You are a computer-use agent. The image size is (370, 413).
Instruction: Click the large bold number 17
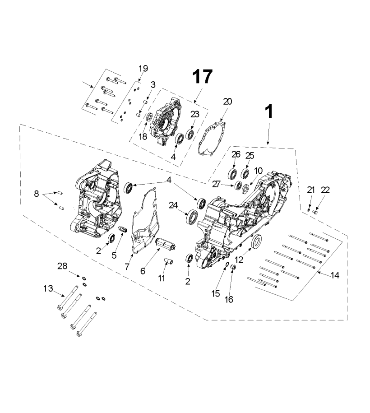[x=202, y=77]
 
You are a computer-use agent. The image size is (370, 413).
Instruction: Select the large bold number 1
[x=269, y=111]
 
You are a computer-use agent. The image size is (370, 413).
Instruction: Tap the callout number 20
[x=227, y=102]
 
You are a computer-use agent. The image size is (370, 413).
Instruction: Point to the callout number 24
[x=173, y=205]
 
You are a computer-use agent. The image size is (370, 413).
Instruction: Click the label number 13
[x=48, y=288]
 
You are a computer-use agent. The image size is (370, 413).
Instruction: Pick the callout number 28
[x=62, y=266]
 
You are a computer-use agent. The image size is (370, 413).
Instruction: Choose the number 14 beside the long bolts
[x=335, y=275]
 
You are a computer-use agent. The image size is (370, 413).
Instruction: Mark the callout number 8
[x=37, y=194]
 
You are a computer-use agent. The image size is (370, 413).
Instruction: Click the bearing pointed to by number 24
[x=192, y=216]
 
